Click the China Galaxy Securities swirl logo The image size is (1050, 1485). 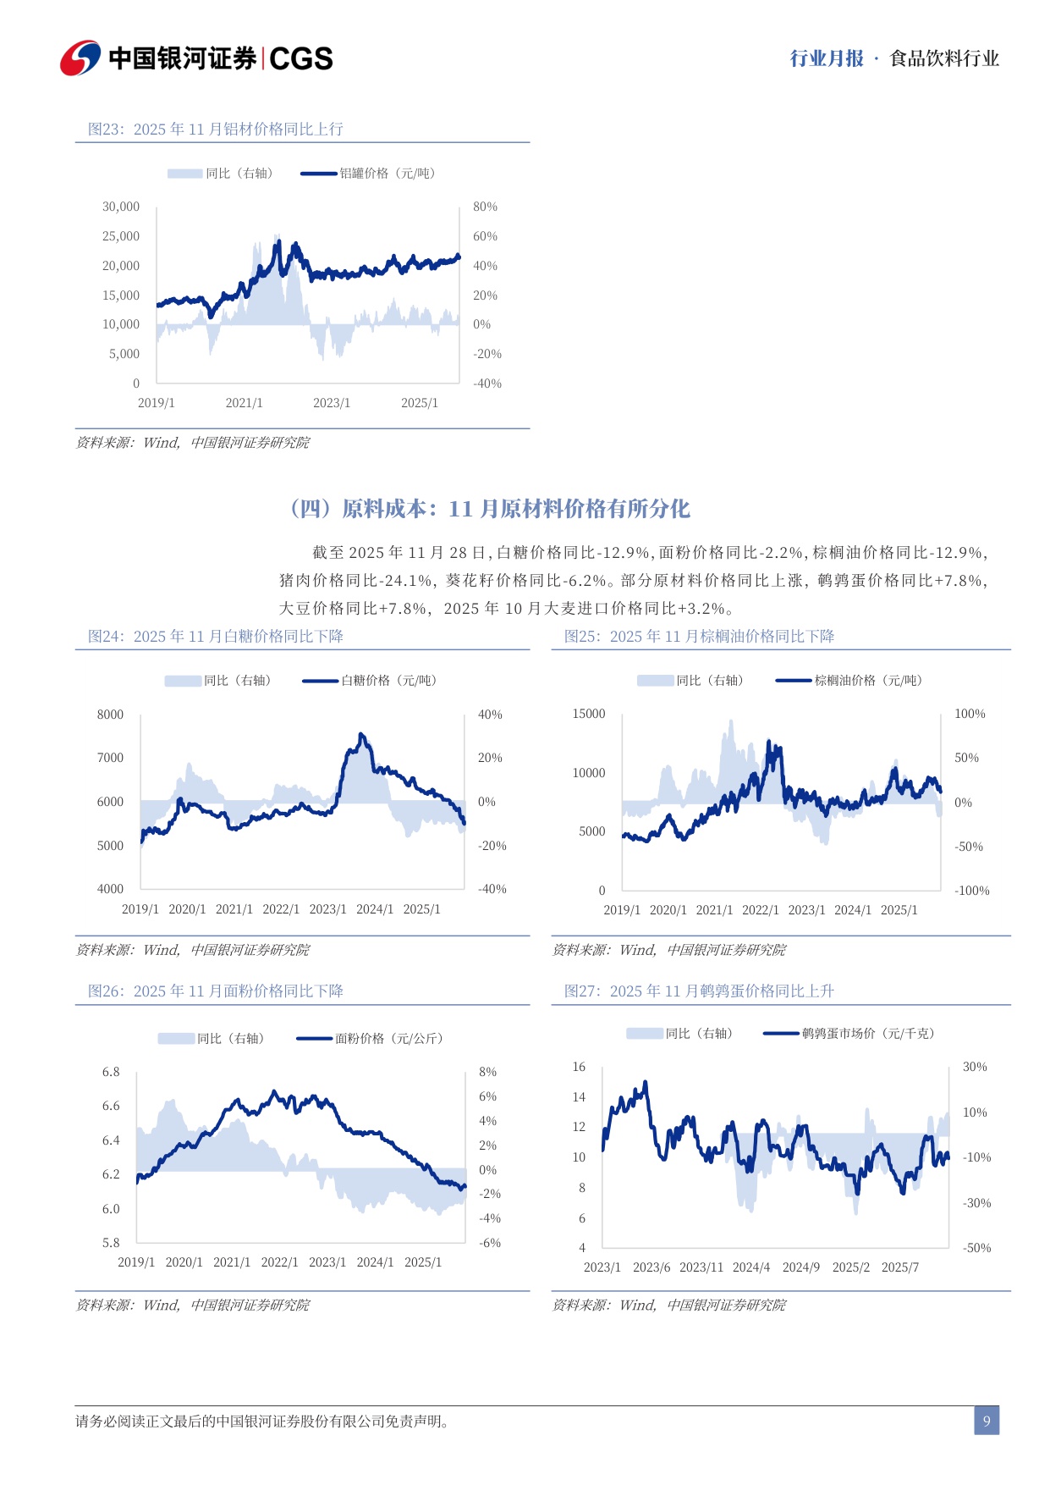pyautogui.click(x=80, y=58)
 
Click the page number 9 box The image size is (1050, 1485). pyautogui.click(x=986, y=1421)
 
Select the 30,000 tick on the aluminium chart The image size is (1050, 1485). pyautogui.click(x=121, y=207)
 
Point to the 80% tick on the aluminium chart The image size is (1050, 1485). pyautogui.click(x=485, y=207)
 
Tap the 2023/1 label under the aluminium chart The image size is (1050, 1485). pyautogui.click(x=332, y=403)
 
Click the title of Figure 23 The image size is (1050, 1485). pyautogui.click(x=216, y=129)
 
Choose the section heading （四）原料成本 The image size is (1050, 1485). pyautogui.click(x=490, y=509)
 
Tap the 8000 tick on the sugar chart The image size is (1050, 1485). pyautogui.click(x=110, y=715)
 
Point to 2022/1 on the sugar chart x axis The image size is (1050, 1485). pyautogui.click(x=281, y=909)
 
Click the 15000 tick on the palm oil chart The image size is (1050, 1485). pyautogui.click(x=589, y=714)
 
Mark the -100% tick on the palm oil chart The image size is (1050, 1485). pyautogui.click(x=971, y=891)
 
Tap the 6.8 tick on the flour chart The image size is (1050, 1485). pyautogui.click(x=111, y=1072)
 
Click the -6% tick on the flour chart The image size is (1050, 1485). pyautogui.click(x=489, y=1243)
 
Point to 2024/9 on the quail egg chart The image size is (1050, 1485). pyautogui.click(x=800, y=1267)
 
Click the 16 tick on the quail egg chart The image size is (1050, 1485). pyautogui.click(x=579, y=1067)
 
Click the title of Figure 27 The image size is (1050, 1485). pyautogui.click(x=699, y=991)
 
